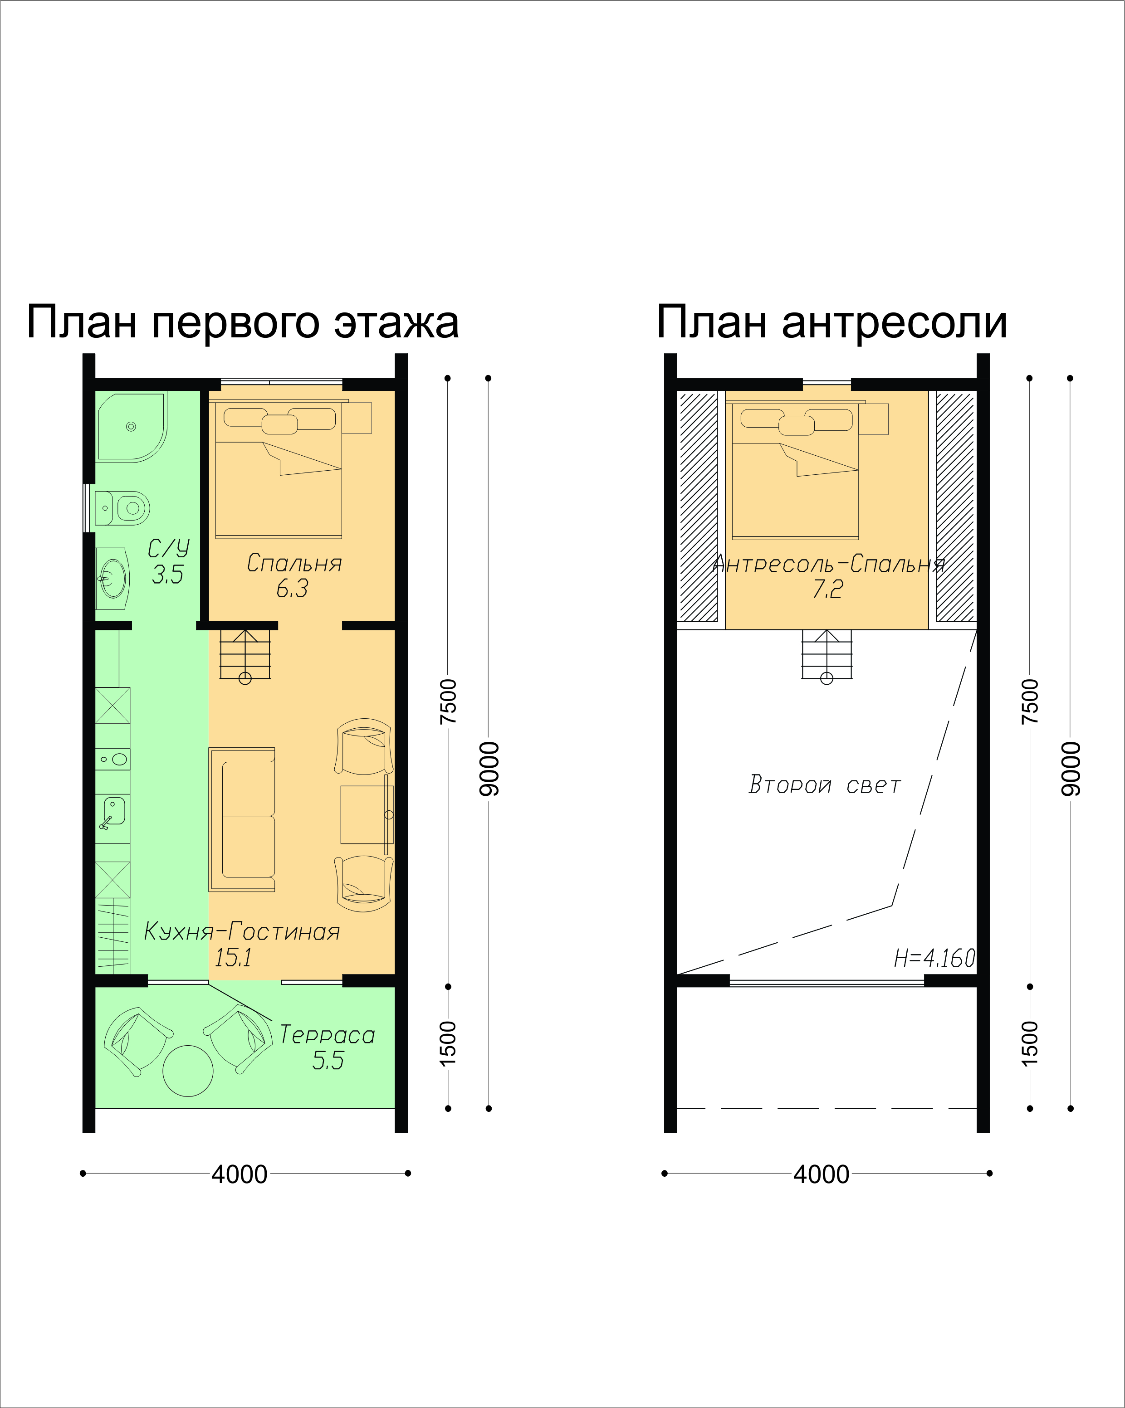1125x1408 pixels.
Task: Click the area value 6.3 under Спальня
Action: pos(292,589)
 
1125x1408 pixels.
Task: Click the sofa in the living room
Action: pos(242,819)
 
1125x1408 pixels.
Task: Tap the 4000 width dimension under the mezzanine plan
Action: pos(821,1174)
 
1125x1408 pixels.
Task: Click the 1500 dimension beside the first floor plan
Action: pos(448,1043)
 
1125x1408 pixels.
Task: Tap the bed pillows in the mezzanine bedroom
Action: pos(797,421)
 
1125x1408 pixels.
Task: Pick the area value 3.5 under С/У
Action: pos(168,574)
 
